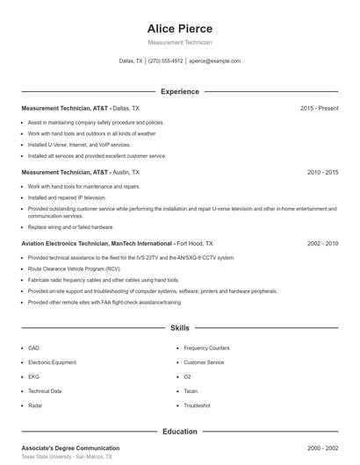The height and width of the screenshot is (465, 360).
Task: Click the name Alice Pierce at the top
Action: coord(179,28)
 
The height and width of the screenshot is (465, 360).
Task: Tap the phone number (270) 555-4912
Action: coord(165,61)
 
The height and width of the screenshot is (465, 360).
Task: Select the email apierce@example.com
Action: coord(214,61)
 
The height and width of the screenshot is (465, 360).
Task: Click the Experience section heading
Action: coord(179,91)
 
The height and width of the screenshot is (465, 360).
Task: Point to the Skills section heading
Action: coord(179,328)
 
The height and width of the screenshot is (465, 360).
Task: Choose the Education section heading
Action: coord(179,432)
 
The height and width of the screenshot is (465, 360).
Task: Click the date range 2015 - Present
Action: coord(319,108)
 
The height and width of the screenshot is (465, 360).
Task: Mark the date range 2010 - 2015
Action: coord(322,173)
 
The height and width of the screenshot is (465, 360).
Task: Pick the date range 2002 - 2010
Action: coord(322,243)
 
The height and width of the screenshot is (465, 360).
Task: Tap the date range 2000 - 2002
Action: coord(322,447)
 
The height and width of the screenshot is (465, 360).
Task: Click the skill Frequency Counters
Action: coord(206,347)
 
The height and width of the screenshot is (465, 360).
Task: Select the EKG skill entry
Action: coord(33,376)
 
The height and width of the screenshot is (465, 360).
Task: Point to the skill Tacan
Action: coord(191,391)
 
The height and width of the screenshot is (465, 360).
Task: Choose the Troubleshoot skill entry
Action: coord(197,405)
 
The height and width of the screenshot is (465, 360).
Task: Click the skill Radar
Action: coord(35,405)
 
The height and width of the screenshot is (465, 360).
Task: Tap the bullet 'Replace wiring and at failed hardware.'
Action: coord(70,226)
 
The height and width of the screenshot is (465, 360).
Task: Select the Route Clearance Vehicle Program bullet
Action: coord(74,268)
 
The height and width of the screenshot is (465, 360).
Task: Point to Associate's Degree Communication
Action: coord(70,447)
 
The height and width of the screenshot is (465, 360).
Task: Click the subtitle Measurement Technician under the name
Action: coord(179,42)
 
